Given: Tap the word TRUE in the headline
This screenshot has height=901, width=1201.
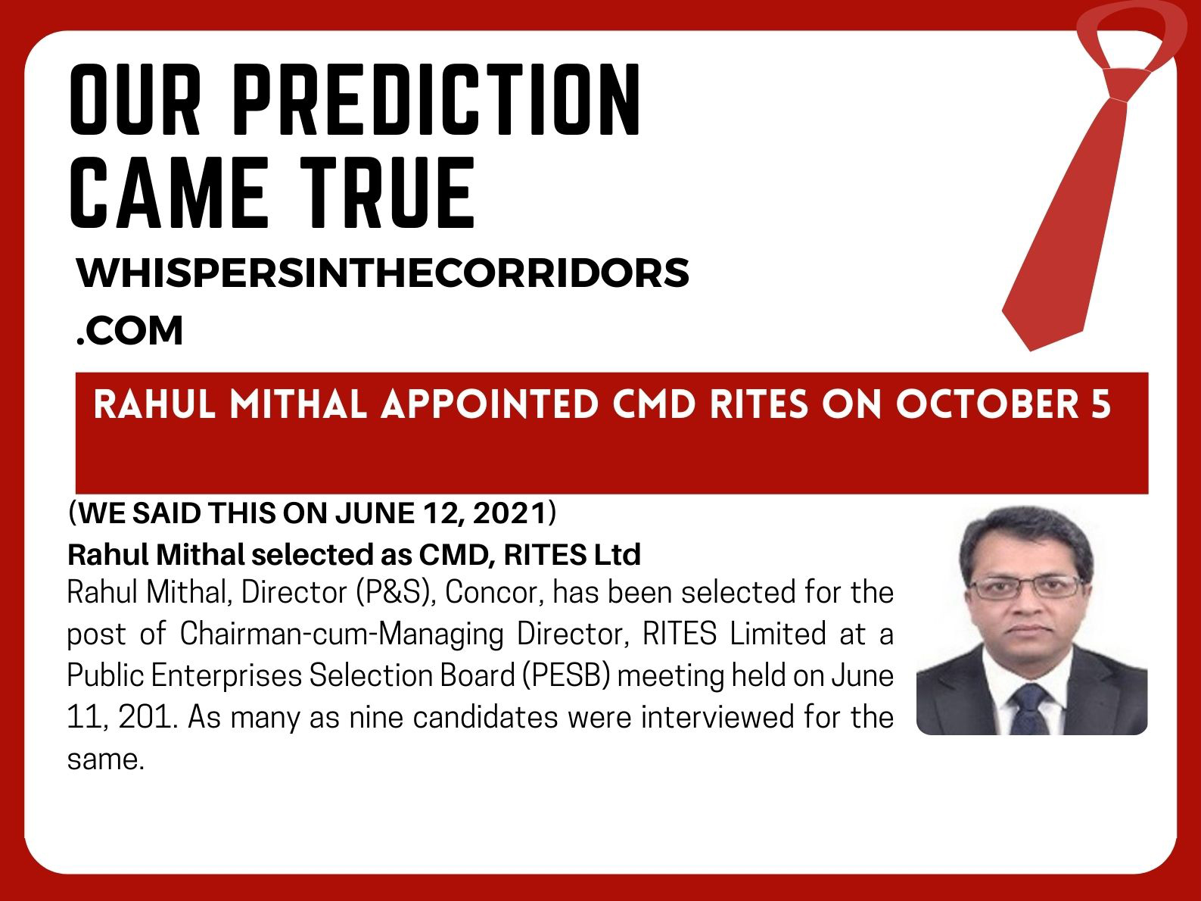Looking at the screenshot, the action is pyautogui.click(x=387, y=192).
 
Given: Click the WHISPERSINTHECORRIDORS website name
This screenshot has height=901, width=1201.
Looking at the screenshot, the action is pyautogui.click(x=382, y=273).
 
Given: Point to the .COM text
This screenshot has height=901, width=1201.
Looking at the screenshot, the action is pyautogui.click(x=129, y=331).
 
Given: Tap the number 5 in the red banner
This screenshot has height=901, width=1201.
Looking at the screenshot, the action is pyautogui.click(x=1101, y=405).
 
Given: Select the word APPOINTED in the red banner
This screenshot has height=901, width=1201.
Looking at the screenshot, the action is pyautogui.click(x=490, y=405).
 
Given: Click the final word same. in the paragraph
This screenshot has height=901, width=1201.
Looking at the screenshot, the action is pyautogui.click(x=106, y=760).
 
